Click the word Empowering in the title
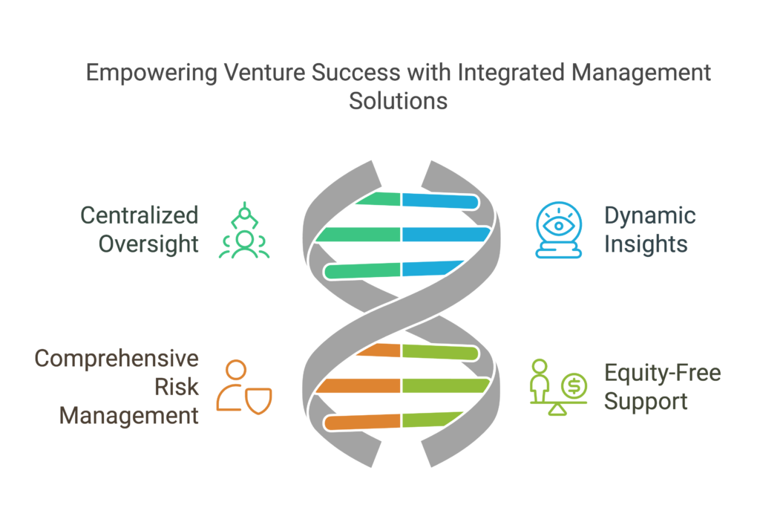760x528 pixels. coord(151,74)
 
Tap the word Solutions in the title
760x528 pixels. coord(398,101)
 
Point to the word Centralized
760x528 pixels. coord(139,216)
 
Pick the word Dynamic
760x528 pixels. coord(650,217)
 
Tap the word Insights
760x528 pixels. coord(646,244)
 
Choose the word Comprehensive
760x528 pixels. coord(117,359)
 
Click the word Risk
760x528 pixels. coord(177,388)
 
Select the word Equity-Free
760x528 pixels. coord(663,374)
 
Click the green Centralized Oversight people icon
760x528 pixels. coord(244,230)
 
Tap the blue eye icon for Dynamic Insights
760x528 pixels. coord(558,229)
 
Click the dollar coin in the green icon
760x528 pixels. coord(574,386)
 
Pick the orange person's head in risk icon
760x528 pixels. coord(236,370)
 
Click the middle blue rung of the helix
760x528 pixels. coord(446,234)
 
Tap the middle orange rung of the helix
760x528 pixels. coord(358,386)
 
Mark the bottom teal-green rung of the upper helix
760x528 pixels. coord(361,270)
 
